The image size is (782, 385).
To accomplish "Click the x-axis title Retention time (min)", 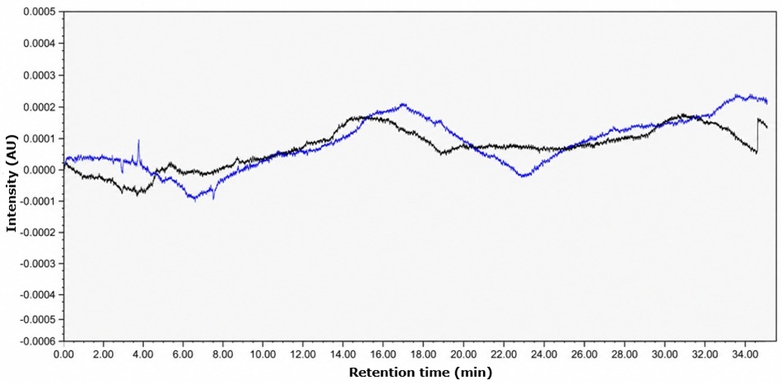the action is [420, 372].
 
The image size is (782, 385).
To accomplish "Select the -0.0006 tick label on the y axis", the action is [41, 341].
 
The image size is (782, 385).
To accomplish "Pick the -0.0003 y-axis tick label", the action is [41, 262].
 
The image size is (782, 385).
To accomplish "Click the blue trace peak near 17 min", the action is [403, 104].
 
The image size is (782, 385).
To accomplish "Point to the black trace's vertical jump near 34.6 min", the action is [757, 136].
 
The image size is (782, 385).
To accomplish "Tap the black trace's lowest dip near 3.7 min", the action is [137, 193].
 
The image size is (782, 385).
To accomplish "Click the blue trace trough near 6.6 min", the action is [194, 199].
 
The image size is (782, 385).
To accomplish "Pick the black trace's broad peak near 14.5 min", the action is [354, 118].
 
